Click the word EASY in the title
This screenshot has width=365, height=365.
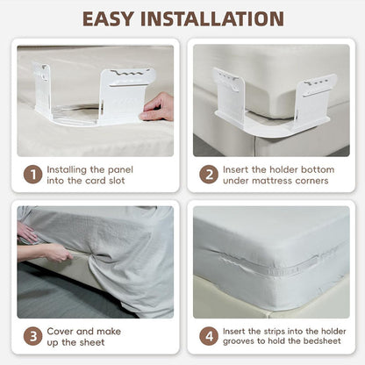click(108, 19)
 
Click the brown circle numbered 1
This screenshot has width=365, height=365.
click(33, 175)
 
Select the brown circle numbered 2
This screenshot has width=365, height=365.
click(209, 175)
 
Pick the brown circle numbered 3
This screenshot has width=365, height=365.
click(33, 336)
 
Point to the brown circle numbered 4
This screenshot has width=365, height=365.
click(209, 336)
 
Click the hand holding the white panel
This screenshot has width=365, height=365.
click(157, 107)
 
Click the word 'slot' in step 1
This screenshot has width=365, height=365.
click(117, 181)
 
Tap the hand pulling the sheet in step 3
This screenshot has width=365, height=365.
click(59, 253)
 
